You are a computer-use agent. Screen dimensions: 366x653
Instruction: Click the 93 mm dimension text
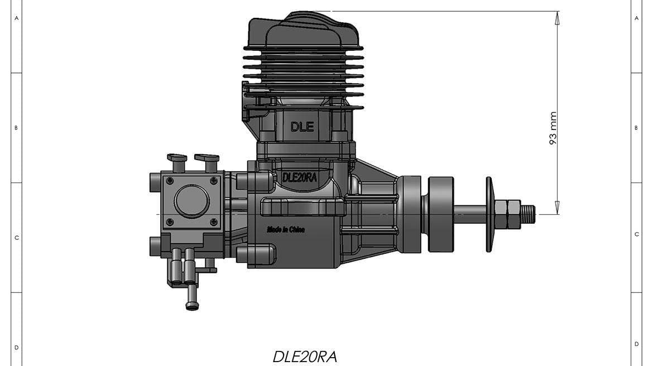coord(553,128)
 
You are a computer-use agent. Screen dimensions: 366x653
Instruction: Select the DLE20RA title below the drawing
coord(305,357)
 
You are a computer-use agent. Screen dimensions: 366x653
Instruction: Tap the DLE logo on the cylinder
coord(303,127)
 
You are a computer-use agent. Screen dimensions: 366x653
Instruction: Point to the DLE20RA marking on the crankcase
coord(300,177)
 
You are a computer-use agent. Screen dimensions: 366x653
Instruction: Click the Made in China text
coord(286,229)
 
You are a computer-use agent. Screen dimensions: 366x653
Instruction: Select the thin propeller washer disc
coord(489,214)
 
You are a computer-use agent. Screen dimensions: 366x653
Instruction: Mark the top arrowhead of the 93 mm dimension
coord(557,17)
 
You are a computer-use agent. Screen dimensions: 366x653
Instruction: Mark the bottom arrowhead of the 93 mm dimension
coord(557,208)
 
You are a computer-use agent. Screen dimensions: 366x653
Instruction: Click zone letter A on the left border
coord(16,18)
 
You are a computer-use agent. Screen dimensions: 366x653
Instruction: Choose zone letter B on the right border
coord(636,128)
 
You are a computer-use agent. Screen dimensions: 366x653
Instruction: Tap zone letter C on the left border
coord(16,238)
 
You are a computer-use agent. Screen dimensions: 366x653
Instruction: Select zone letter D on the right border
coord(636,344)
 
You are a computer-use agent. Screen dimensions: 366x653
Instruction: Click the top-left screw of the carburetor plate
coord(170,180)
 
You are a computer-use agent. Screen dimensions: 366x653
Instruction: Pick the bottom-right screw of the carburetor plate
coord(214,222)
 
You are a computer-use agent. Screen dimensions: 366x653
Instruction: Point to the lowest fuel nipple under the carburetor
coord(192,305)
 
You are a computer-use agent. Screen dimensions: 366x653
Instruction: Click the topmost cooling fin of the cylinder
coord(303,48)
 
